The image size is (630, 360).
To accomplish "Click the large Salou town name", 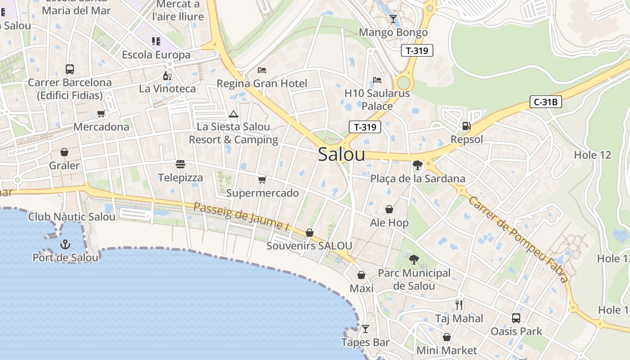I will click(x=342, y=154).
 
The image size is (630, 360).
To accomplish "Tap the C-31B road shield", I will click(x=545, y=102).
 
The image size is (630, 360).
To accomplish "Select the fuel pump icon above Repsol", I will click(x=466, y=126).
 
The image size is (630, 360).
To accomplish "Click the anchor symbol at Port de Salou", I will click(x=66, y=244).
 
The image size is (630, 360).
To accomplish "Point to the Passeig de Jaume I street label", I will click(x=241, y=217).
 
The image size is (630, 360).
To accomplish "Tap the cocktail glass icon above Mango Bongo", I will click(x=393, y=18).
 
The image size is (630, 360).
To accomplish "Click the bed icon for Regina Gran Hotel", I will click(x=262, y=70).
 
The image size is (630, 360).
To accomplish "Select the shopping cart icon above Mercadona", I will click(x=101, y=114).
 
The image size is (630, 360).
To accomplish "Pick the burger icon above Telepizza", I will click(x=180, y=164).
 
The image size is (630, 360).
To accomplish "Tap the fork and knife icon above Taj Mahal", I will click(x=459, y=305).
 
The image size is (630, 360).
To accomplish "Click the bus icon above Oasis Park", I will click(x=516, y=318).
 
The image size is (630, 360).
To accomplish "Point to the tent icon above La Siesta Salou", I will click(x=233, y=114).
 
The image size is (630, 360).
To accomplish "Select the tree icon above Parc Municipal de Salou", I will click(x=414, y=260).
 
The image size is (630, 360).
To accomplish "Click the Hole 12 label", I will click(x=593, y=155).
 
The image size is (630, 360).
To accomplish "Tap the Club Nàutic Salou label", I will click(x=72, y=217).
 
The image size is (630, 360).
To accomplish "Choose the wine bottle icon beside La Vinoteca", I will click(x=167, y=76).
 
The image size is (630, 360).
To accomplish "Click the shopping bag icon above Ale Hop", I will click(x=389, y=209).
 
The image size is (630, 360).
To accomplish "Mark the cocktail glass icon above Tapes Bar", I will click(x=365, y=329).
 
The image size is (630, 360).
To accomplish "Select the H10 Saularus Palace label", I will click(x=377, y=100).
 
